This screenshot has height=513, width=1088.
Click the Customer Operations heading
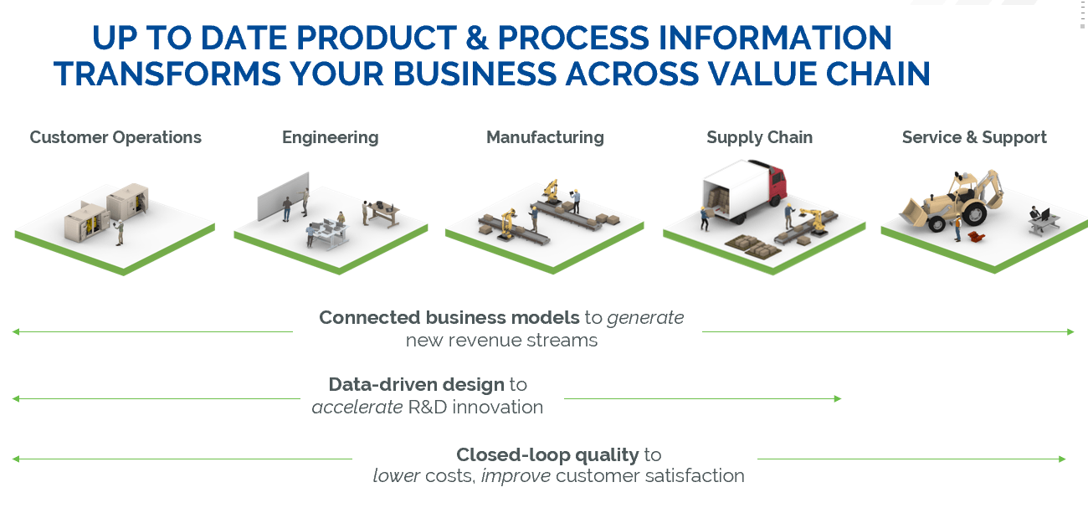coord(115,137)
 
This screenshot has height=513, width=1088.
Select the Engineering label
coord(330,137)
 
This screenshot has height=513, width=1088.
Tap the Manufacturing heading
coord(545,137)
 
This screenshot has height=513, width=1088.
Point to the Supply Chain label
coord(759,137)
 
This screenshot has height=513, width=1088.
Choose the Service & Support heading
coord(974,137)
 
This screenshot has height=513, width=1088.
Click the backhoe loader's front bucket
coord(913,213)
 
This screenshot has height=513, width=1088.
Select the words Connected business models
coord(449,318)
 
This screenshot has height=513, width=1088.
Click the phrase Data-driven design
coord(417,385)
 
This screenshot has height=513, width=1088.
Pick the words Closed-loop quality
coord(547,455)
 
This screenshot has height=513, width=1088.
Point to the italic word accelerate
coord(357,408)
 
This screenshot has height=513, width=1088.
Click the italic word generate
coord(645,318)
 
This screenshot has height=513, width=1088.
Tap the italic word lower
coord(396,476)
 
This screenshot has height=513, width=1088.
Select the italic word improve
coord(516,476)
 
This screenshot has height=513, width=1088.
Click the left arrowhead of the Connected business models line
coord(16,332)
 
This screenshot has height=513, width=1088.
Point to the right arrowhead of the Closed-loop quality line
coord(1062,459)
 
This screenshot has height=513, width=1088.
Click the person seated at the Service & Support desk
coord(1034,215)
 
